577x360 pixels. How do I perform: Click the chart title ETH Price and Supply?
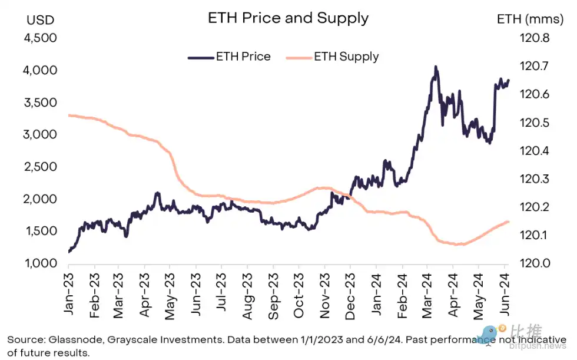pos(288,18)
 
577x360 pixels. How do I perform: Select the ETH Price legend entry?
pos(229,57)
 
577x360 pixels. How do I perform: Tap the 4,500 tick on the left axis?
pos(39,38)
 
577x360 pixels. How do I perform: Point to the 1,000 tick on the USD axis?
pos(39,263)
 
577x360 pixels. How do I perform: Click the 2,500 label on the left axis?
pos(39,167)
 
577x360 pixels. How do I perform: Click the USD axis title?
pos(40,19)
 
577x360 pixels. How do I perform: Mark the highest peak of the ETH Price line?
pos(436,67)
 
